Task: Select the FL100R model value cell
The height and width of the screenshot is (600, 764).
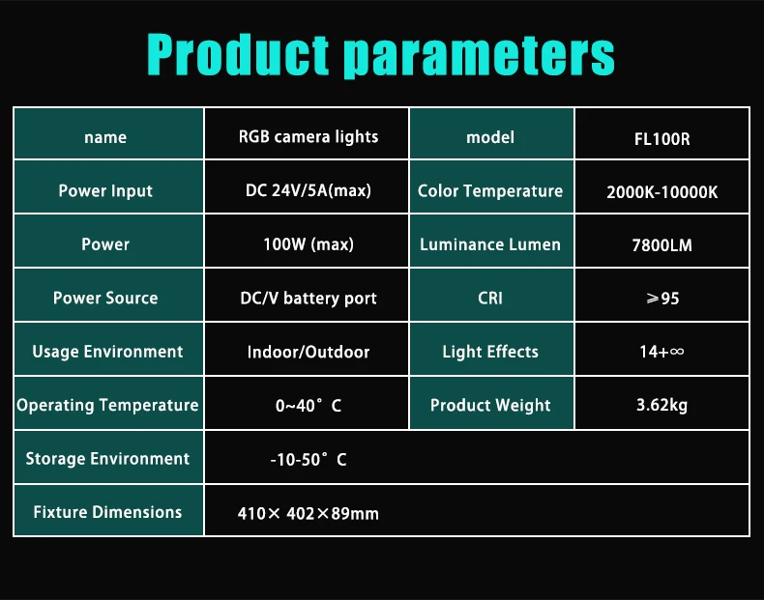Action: click(661, 138)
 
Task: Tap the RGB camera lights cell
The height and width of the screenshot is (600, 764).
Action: click(308, 136)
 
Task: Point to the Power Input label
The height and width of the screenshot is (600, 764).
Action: click(105, 190)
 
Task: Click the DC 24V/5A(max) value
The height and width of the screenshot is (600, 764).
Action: click(308, 190)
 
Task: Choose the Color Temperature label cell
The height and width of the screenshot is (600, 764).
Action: click(490, 190)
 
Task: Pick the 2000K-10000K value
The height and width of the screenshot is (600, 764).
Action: click(661, 191)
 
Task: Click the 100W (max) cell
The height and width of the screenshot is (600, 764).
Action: click(308, 244)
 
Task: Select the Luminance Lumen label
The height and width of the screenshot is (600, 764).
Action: click(490, 244)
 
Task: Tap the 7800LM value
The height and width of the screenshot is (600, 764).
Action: click(661, 245)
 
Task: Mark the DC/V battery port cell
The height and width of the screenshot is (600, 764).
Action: click(308, 298)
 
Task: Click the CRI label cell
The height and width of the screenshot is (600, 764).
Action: click(490, 298)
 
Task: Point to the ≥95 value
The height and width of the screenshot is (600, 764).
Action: click(661, 299)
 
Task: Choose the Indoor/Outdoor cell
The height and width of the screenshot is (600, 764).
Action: click(308, 352)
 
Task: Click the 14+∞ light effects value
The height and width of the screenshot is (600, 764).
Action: click(661, 352)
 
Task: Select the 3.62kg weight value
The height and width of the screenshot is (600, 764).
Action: click(661, 405)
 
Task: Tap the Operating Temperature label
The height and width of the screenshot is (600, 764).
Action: click(107, 405)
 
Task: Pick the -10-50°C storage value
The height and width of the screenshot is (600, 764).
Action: click(308, 459)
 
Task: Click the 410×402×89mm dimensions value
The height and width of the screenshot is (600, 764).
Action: click(308, 513)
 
